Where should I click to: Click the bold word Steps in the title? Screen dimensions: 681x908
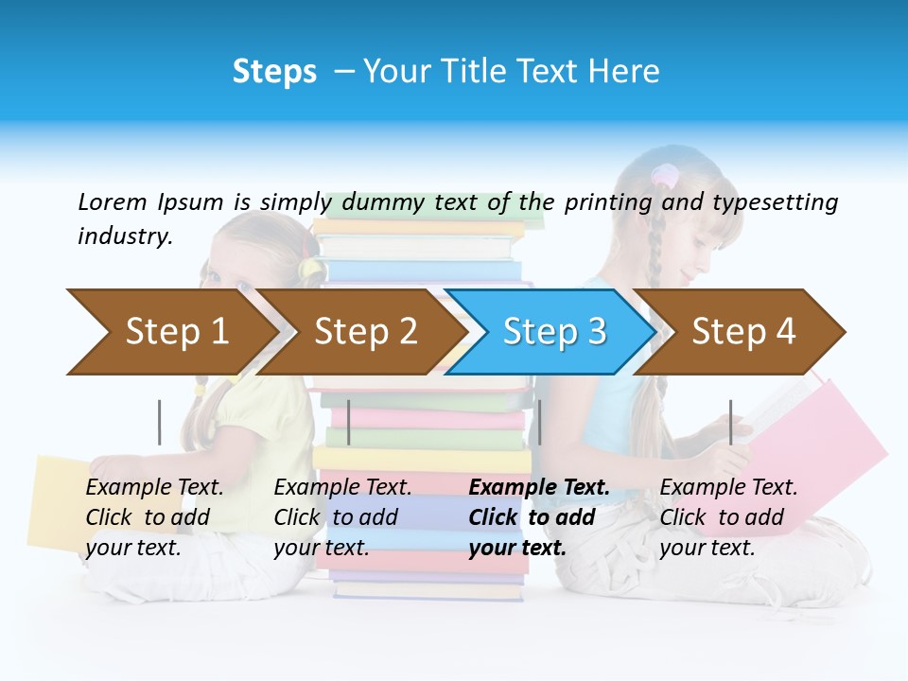[274, 72]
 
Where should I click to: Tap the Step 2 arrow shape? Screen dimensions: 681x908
[364, 332]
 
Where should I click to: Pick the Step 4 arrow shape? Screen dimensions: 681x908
[742, 332]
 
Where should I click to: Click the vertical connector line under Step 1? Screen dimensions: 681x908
[160, 422]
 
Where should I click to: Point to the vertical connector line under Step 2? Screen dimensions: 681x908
[349, 422]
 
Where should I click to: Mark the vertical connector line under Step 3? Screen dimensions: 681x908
[539, 422]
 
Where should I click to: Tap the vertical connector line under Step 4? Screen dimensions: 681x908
[730, 422]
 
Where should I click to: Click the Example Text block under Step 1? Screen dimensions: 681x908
[153, 517]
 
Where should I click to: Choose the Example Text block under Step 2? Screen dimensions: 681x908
[341, 517]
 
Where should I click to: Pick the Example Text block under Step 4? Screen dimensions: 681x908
[727, 517]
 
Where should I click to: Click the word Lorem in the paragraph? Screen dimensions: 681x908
[113, 202]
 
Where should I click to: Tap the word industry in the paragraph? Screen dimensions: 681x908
[125, 236]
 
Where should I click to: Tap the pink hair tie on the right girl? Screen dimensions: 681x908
[665, 175]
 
